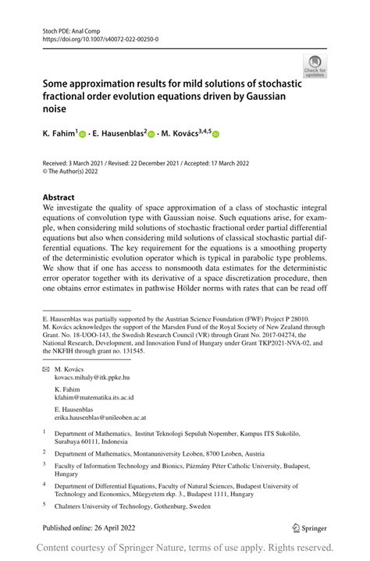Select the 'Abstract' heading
(59, 198)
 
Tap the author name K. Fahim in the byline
(59, 134)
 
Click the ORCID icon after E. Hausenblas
(151, 134)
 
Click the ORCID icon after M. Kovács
(215, 134)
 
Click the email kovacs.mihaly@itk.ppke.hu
(100, 377)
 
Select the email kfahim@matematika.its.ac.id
(94, 397)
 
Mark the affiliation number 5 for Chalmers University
(44, 504)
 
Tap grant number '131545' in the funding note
(154, 351)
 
